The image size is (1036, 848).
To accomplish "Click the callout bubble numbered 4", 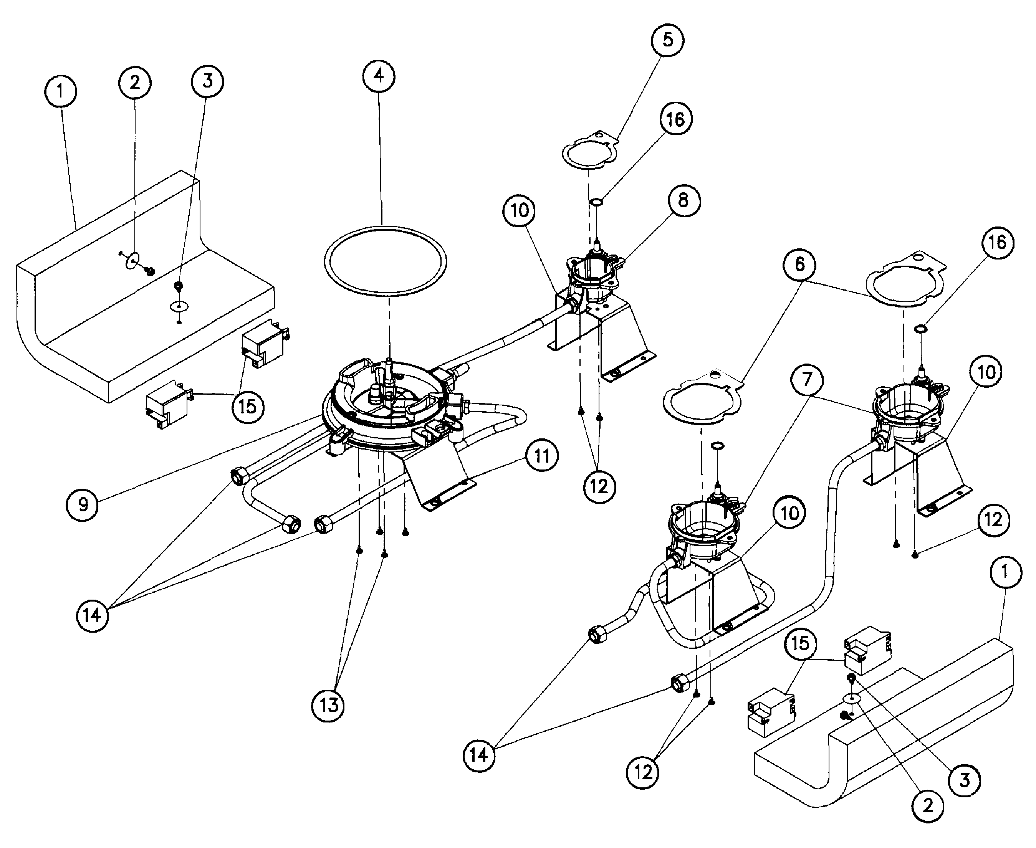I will [x=379, y=76].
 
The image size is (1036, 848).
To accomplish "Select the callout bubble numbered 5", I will [x=667, y=40].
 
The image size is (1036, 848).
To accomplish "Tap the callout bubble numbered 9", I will [x=83, y=504].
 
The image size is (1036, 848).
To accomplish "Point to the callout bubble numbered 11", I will [x=541, y=456].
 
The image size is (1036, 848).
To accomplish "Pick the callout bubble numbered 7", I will [x=807, y=379].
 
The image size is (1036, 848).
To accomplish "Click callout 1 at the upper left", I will [x=60, y=91].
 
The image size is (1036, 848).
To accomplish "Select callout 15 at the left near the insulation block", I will [x=248, y=406].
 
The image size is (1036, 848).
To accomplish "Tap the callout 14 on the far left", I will [x=92, y=615].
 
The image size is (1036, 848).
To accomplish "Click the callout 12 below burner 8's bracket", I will [x=599, y=486].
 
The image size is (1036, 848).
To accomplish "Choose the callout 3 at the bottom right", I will [x=964, y=780].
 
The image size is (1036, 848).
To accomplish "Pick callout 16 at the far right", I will [x=997, y=242].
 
